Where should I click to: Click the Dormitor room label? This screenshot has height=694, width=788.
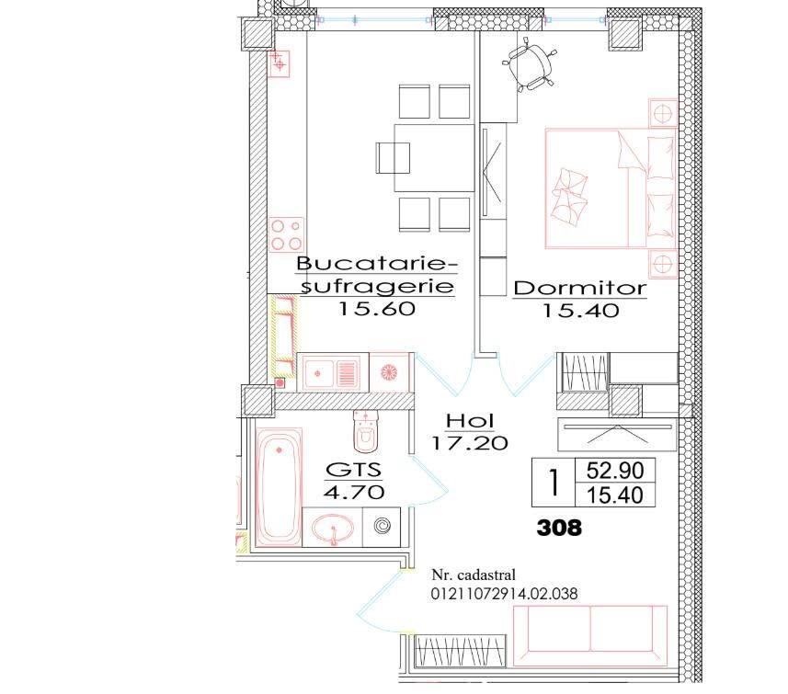pos(579,288)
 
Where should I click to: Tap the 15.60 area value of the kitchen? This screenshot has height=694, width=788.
pos(377,308)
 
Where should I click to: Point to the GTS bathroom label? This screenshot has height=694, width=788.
pos(354,470)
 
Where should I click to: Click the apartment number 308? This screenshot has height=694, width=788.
pos(559,528)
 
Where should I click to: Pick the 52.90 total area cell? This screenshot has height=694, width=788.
pos(614,471)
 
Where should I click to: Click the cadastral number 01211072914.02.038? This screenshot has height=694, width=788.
pos(504,594)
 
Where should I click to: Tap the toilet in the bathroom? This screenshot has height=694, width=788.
pos(365,431)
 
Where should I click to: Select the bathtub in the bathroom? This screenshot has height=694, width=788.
pos(279,486)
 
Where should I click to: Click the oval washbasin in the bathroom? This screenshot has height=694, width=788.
pos(332,529)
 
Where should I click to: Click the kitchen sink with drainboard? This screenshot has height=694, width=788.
pos(328,373)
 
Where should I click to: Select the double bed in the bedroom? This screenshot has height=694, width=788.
pos(611,188)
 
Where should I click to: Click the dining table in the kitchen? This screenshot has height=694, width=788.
pos(434,158)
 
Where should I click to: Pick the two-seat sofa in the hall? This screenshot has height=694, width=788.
pos(590,636)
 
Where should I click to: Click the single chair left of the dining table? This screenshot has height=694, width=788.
pos(393,158)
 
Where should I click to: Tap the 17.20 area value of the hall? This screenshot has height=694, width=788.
pos(470,443)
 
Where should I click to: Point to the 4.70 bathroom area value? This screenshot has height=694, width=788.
pos(354,492)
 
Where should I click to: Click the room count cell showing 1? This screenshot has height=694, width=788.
pos(554,483)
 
